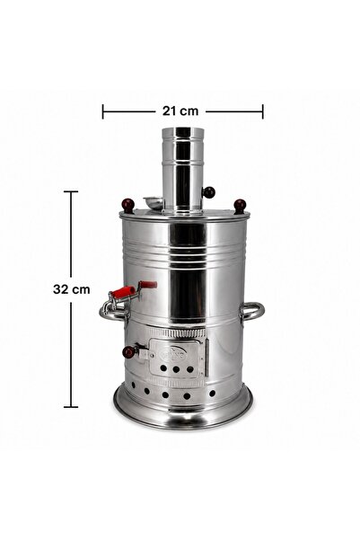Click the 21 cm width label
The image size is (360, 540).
[180, 111]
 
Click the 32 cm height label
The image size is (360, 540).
[72, 289]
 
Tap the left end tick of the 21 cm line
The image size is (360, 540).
[102, 111]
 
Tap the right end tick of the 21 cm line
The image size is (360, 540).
[263, 111]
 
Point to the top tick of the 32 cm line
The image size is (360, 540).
[71, 191]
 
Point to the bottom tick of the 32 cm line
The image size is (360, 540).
[71, 407]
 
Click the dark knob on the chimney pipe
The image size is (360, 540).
[208, 192]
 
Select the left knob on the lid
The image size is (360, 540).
[128, 205]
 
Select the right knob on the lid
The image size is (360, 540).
[240, 206]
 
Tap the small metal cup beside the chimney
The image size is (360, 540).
[154, 202]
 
